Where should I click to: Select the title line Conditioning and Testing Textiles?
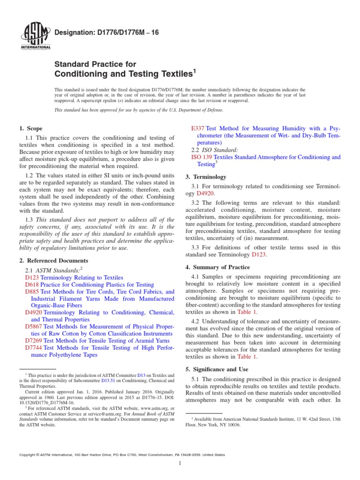click(124, 74)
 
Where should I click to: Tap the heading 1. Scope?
click(30, 128)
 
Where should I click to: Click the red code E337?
click(199, 128)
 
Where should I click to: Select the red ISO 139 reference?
click(202, 157)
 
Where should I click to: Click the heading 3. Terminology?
click(206, 177)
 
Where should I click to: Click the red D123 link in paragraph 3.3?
click(259, 255)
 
